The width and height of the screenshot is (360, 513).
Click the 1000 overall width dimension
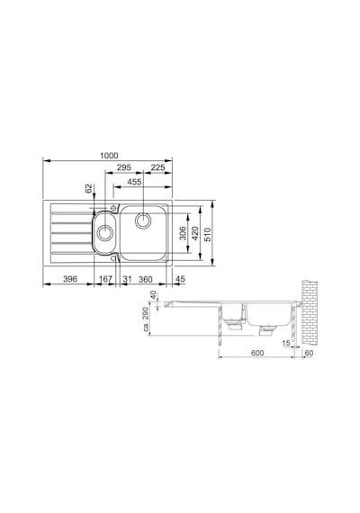click(x=109, y=156)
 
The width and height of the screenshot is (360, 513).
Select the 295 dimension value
click(x=124, y=167)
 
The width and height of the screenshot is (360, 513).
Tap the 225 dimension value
click(x=157, y=167)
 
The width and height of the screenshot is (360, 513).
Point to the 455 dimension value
click(x=134, y=182)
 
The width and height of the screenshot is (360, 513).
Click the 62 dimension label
click(x=89, y=189)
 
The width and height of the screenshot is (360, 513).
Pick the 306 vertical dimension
click(x=184, y=233)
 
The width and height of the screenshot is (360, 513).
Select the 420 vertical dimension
click(x=194, y=233)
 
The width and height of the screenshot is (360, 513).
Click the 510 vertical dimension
click(x=208, y=235)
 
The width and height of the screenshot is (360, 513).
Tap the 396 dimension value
click(x=70, y=279)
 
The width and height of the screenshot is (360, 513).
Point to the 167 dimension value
click(x=105, y=279)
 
